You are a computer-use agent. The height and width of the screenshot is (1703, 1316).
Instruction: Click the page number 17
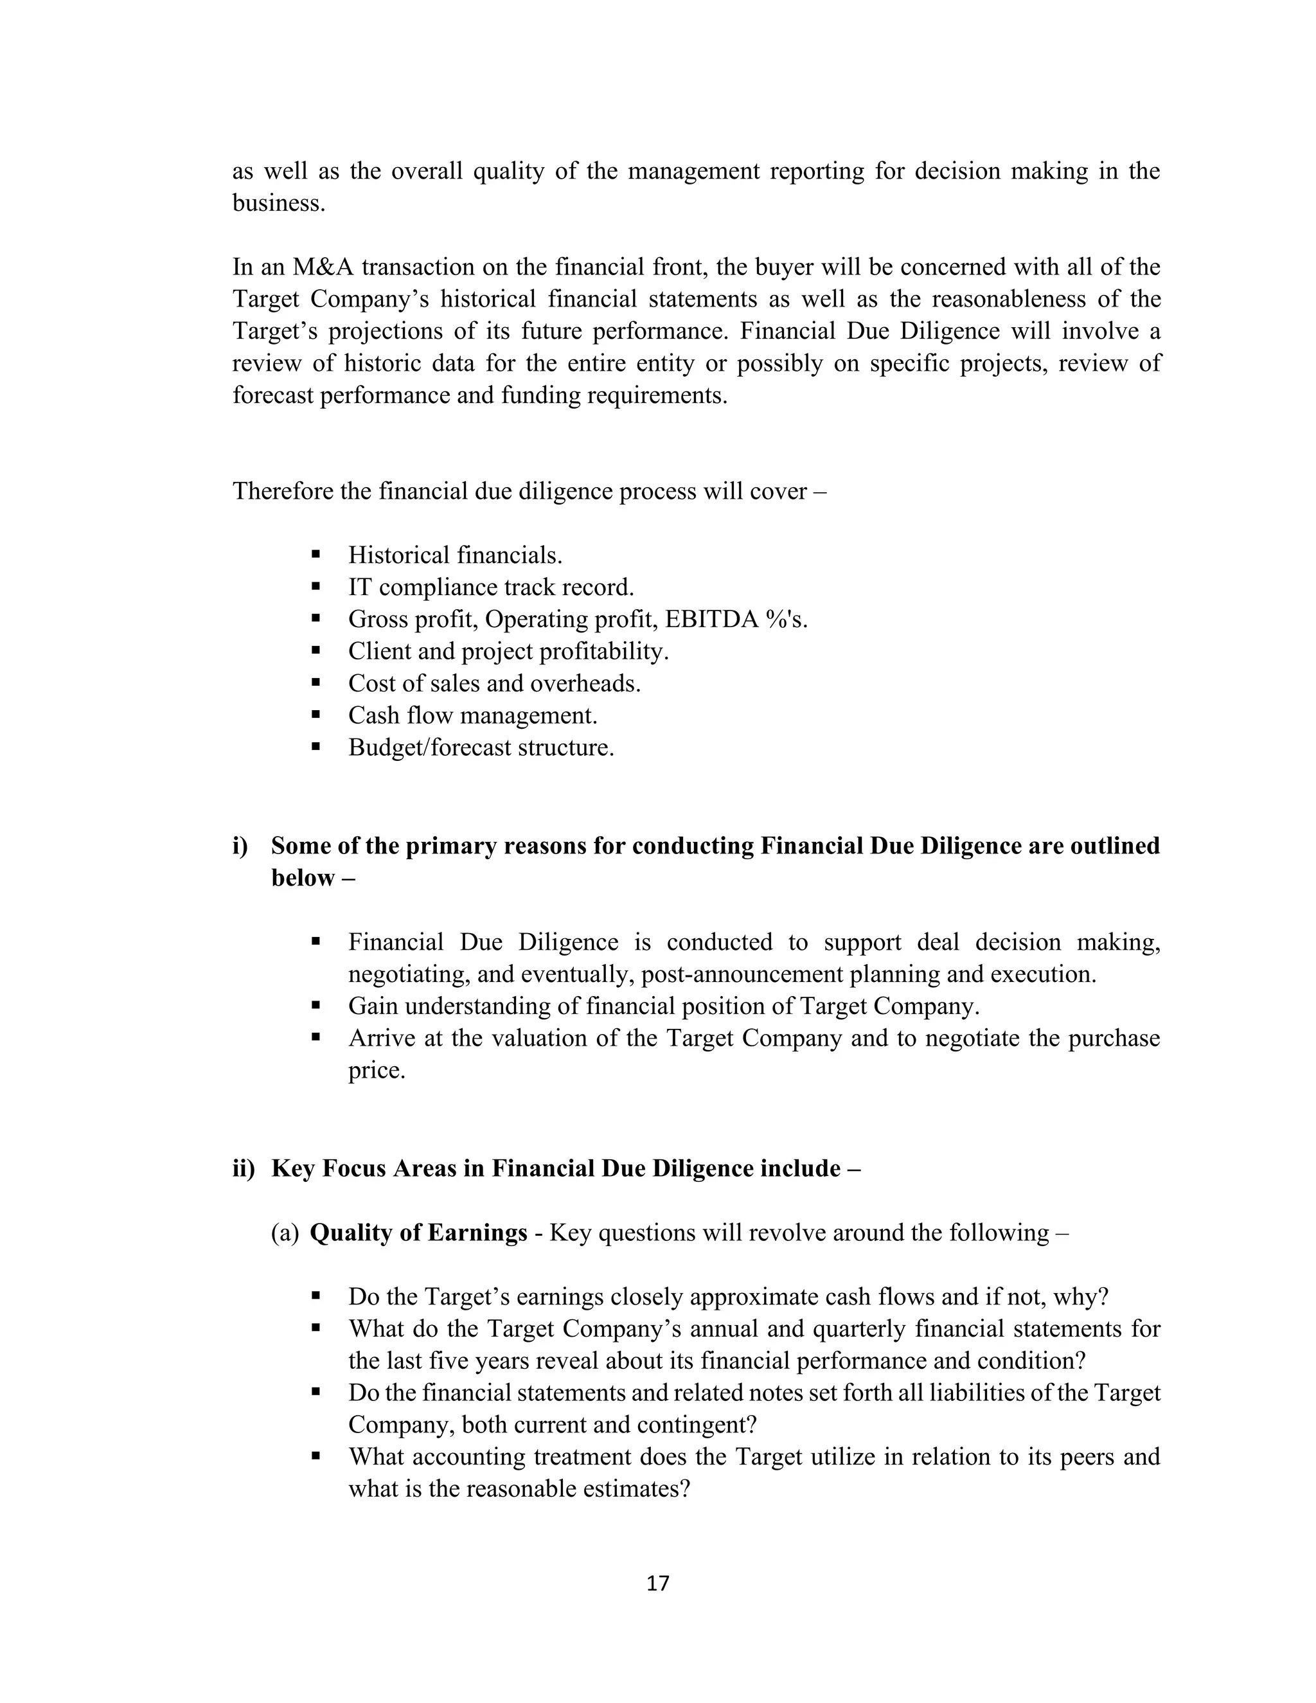pos(658,1583)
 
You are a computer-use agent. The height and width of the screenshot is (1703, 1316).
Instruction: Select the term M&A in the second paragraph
pos(324,267)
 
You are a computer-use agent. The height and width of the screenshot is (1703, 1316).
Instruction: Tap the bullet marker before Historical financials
pos(316,555)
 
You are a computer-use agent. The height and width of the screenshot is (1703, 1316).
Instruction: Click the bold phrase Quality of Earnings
pos(419,1233)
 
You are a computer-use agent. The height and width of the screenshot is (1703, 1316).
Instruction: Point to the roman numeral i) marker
pos(240,846)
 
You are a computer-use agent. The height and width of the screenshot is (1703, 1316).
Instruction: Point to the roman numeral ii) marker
pos(244,1169)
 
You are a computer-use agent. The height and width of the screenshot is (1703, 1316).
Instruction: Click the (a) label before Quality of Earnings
pos(285,1233)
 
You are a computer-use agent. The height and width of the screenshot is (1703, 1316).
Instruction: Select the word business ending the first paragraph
pos(278,204)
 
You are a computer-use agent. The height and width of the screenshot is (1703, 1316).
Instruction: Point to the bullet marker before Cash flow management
pos(316,715)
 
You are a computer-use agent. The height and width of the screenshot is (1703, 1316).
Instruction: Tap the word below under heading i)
pos(303,878)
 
